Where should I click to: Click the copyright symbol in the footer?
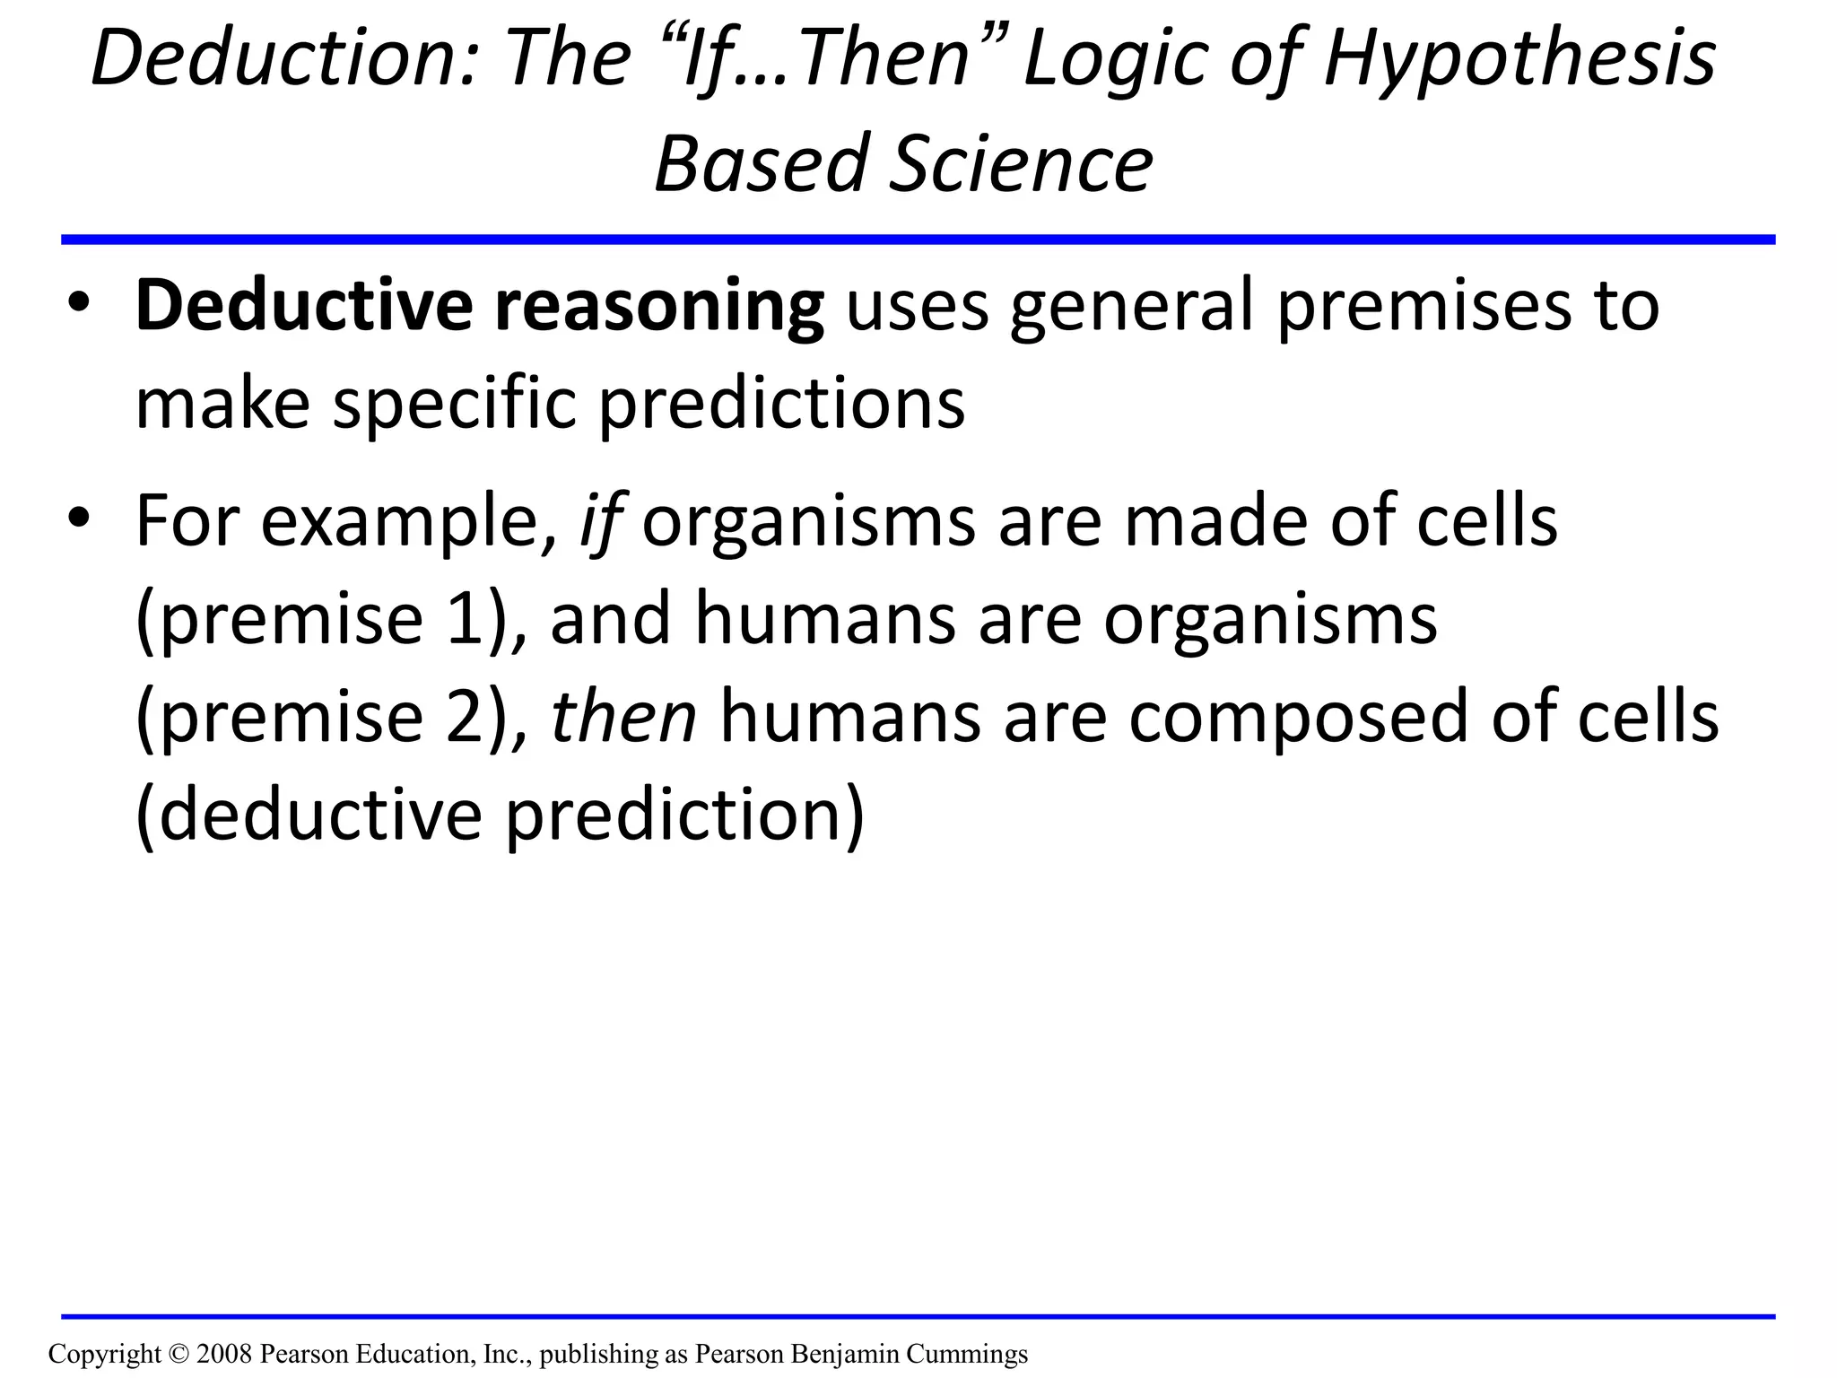(178, 1354)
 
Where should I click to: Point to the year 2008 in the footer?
(223, 1354)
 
